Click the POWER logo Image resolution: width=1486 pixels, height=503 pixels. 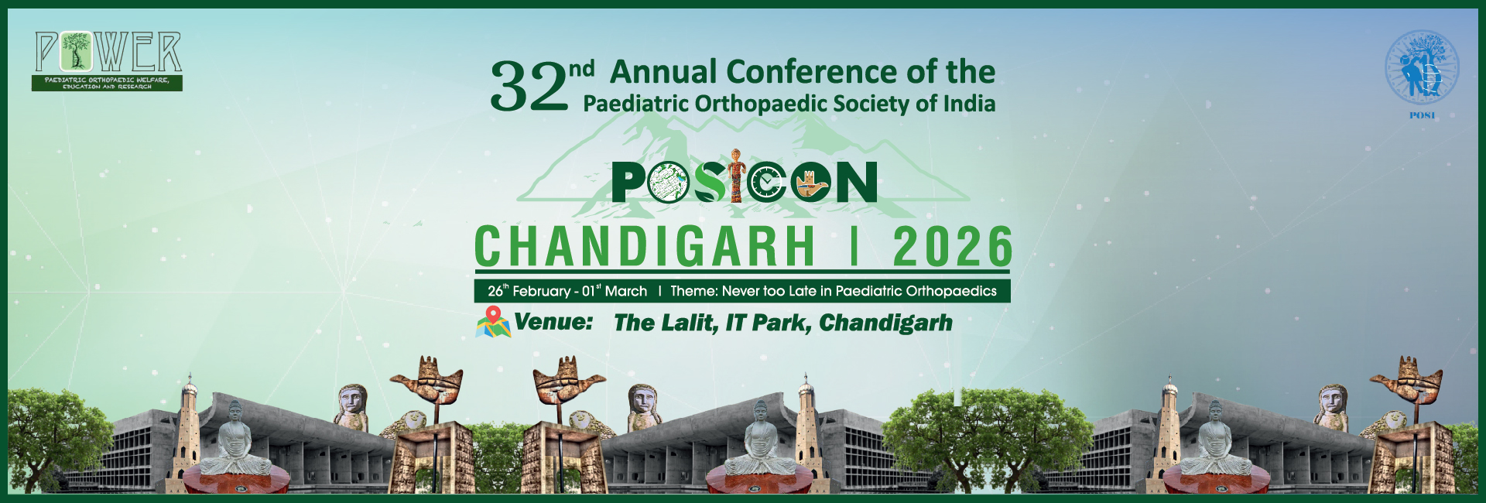click(x=108, y=61)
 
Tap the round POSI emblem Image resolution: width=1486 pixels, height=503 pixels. click(x=1422, y=68)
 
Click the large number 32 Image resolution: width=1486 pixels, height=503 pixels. click(x=529, y=86)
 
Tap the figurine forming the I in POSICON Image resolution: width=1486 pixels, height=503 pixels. click(x=737, y=176)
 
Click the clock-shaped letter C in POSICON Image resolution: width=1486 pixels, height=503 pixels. click(x=768, y=183)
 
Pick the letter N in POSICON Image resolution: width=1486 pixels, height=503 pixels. click(x=854, y=183)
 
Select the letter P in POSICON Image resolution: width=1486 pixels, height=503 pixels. click(x=628, y=183)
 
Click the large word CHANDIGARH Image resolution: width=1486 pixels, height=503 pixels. click(x=645, y=247)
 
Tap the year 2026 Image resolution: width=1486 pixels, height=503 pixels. click(x=953, y=247)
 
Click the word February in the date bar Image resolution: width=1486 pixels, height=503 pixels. click(x=541, y=292)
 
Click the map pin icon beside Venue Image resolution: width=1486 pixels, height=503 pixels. click(x=493, y=322)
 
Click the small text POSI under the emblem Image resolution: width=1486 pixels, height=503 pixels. click(x=1423, y=115)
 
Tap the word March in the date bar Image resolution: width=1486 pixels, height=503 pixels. click(x=626, y=292)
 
